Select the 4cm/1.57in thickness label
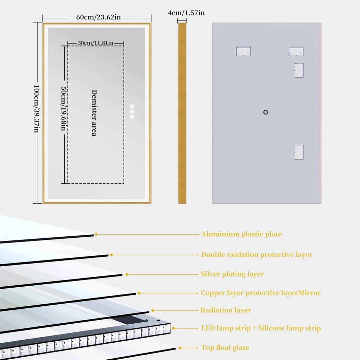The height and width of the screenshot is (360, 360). tap(186, 13)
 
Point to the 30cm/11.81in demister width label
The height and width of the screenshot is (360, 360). tap(96, 43)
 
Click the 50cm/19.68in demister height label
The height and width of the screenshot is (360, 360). tap(63, 108)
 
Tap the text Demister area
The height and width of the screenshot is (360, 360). tap(94, 113)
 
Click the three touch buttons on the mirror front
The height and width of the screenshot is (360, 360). tap(132, 111)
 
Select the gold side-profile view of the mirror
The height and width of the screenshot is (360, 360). tap(182, 113)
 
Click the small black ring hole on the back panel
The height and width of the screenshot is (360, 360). tap(266, 112)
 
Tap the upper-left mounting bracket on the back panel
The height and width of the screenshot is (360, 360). tap(243, 51)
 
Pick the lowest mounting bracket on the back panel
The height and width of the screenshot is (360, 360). tap(299, 152)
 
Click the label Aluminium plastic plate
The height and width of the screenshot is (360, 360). tap(241, 234)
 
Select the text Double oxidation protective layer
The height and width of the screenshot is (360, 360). tap(257, 255)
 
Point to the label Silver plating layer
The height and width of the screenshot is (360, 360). tap(232, 274)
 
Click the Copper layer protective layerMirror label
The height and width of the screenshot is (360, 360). tap(260, 293)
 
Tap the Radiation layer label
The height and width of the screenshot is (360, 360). tap(226, 310)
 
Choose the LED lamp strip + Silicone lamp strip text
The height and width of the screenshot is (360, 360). tap(261, 328)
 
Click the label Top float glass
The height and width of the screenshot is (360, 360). tap(225, 348)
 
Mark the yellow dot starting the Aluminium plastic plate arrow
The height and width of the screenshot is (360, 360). tap(96, 234)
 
